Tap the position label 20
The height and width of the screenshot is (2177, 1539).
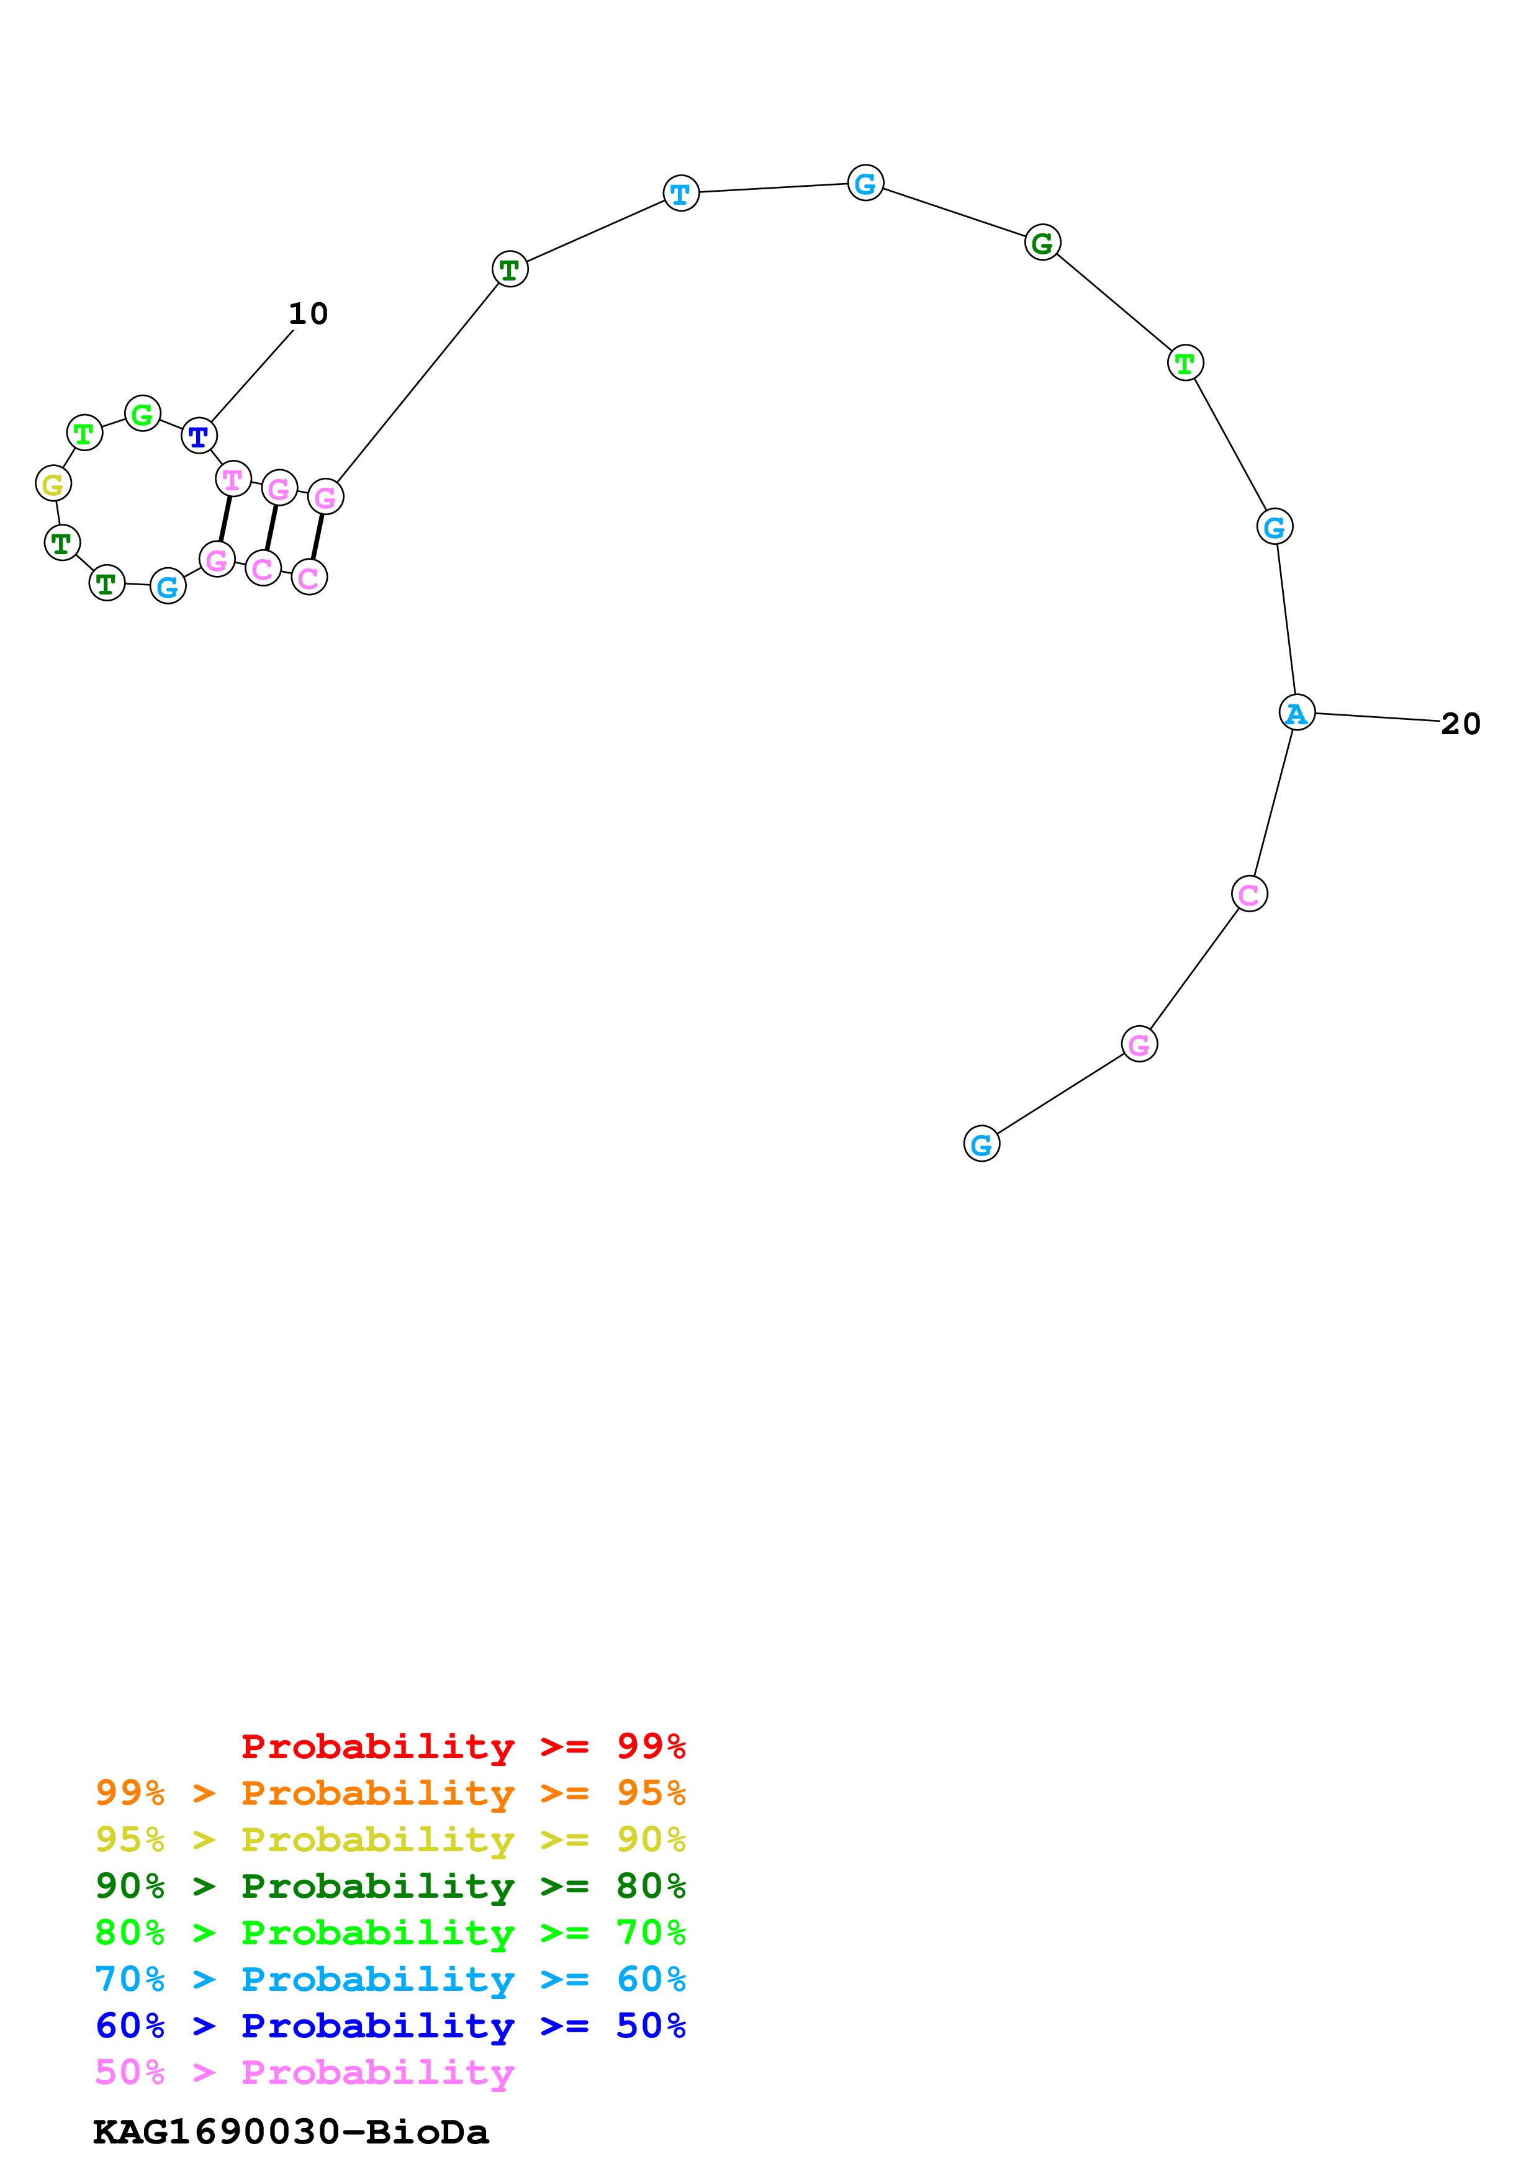[x=1460, y=724]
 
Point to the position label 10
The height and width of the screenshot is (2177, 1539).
[x=307, y=314]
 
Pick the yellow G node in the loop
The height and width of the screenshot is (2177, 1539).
[x=53, y=483]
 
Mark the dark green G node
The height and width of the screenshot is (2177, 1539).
[x=1042, y=243]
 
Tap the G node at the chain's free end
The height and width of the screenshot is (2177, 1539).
[x=982, y=1144]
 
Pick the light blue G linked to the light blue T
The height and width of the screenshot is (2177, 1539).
[x=865, y=183]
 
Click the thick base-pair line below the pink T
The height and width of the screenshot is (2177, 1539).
[x=225, y=519]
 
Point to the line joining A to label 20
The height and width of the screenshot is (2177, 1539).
[x=1377, y=718]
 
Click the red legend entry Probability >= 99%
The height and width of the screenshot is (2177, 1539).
[x=463, y=1746]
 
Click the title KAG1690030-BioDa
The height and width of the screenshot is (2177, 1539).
[x=290, y=2132]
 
